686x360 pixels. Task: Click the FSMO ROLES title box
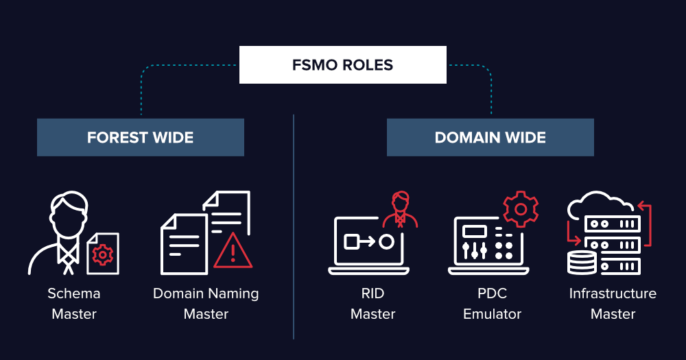pos(342,65)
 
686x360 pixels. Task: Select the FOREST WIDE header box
pos(140,137)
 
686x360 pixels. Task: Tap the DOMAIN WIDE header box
pos(490,137)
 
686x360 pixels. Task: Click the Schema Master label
pos(73,304)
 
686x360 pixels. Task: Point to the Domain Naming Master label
pos(206,304)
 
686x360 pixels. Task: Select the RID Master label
pos(372,304)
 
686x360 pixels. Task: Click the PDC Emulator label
pos(492,304)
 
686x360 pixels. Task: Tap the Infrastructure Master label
pos(613,304)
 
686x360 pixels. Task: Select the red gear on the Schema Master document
pos(103,254)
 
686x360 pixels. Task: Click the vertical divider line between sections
pos(294,226)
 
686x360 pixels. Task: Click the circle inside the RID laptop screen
pos(386,241)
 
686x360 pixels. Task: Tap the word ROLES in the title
pos(368,66)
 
